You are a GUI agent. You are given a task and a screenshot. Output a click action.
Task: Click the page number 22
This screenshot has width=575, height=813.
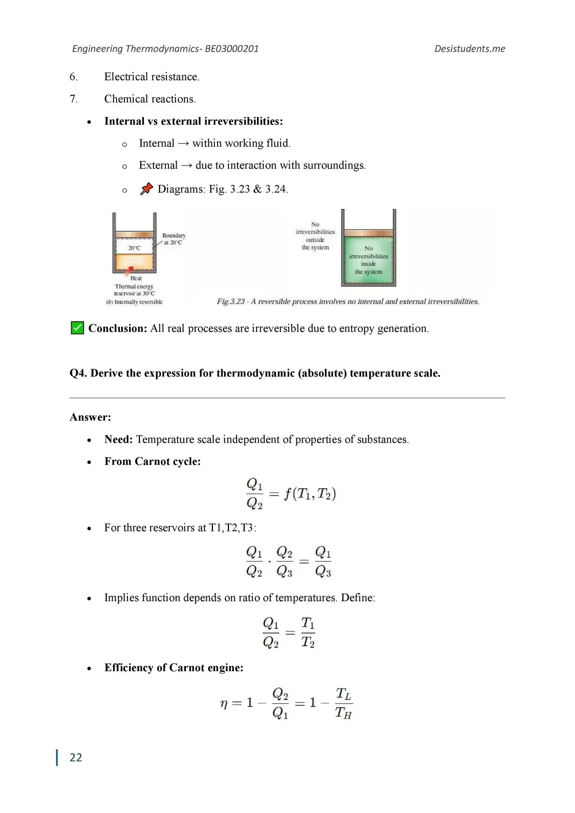coord(76,758)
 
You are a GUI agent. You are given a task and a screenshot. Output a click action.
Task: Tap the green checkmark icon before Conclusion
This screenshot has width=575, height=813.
coord(77,328)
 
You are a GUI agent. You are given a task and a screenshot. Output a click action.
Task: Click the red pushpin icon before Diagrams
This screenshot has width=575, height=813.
coord(147,188)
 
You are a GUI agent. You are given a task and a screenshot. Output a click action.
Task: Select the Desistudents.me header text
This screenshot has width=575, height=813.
coord(470,49)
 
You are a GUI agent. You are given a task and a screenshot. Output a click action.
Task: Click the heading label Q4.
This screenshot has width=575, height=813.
coord(78,373)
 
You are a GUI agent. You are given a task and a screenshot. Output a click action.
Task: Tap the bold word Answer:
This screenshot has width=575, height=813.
coord(90,417)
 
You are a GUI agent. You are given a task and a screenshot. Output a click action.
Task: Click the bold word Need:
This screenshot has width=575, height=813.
coord(119,440)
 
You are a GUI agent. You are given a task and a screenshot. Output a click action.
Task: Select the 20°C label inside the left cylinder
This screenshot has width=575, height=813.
coord(134,248)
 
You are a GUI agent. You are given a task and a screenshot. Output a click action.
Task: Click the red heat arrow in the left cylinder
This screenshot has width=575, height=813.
coord(130,270)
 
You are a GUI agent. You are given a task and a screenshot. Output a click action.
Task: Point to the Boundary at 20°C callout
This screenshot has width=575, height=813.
coord(174,239)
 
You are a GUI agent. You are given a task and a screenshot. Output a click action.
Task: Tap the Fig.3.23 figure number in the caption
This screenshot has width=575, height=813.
coord(231,301)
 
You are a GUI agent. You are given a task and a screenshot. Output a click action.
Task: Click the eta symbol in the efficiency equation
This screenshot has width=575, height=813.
coord(224,703)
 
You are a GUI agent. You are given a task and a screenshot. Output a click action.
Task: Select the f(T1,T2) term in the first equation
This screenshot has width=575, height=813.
coord(310,494)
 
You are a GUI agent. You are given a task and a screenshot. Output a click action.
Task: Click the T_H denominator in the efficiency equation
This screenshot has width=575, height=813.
coord(343,713)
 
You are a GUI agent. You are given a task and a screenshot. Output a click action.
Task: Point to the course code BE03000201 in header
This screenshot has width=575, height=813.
coord(232,49)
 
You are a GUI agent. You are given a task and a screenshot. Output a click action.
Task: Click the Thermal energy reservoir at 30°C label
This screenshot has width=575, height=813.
coord(134,290)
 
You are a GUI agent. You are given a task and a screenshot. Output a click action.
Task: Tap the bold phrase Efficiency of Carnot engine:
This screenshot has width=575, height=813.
coord(174,668)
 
